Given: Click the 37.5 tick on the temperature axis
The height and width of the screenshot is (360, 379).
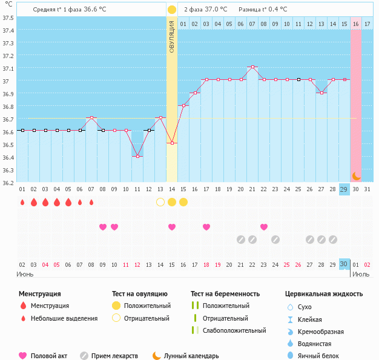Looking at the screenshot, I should click(8, 18).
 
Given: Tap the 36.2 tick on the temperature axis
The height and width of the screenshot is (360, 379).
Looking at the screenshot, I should click(8, 182).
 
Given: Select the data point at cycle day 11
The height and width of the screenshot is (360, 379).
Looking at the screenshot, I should click(137, 156).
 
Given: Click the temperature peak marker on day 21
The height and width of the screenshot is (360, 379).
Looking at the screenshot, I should click(252, 67).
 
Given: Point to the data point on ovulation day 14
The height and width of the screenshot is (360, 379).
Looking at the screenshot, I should click(172, 143).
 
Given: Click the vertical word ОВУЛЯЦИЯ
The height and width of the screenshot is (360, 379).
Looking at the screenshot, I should click(172, 37).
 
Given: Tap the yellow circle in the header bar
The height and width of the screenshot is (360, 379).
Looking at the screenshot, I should click(172, 10).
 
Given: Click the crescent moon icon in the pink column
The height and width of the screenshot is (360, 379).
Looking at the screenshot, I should click(357, 175).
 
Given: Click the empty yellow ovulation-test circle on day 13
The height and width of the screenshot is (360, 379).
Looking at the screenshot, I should click(160, 202).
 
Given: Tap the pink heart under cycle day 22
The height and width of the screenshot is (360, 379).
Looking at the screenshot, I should click(264, 227).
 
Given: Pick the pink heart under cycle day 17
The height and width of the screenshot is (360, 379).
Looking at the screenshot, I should click(206, 227).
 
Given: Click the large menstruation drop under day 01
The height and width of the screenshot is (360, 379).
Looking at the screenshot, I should click(22, 202).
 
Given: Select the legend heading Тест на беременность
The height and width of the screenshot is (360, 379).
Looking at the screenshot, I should click(225, 294).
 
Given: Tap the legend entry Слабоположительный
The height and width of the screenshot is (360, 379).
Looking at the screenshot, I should click(234, 330).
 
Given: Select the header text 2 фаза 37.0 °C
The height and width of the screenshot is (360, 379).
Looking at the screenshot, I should click(206, 10).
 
